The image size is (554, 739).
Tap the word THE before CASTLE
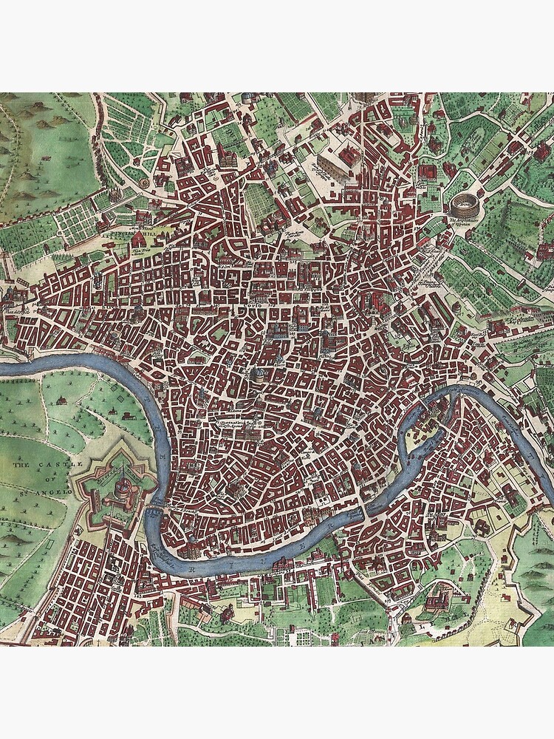(19, 466)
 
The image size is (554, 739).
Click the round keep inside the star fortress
(124, 484)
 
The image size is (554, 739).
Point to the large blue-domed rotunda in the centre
(260, 375)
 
